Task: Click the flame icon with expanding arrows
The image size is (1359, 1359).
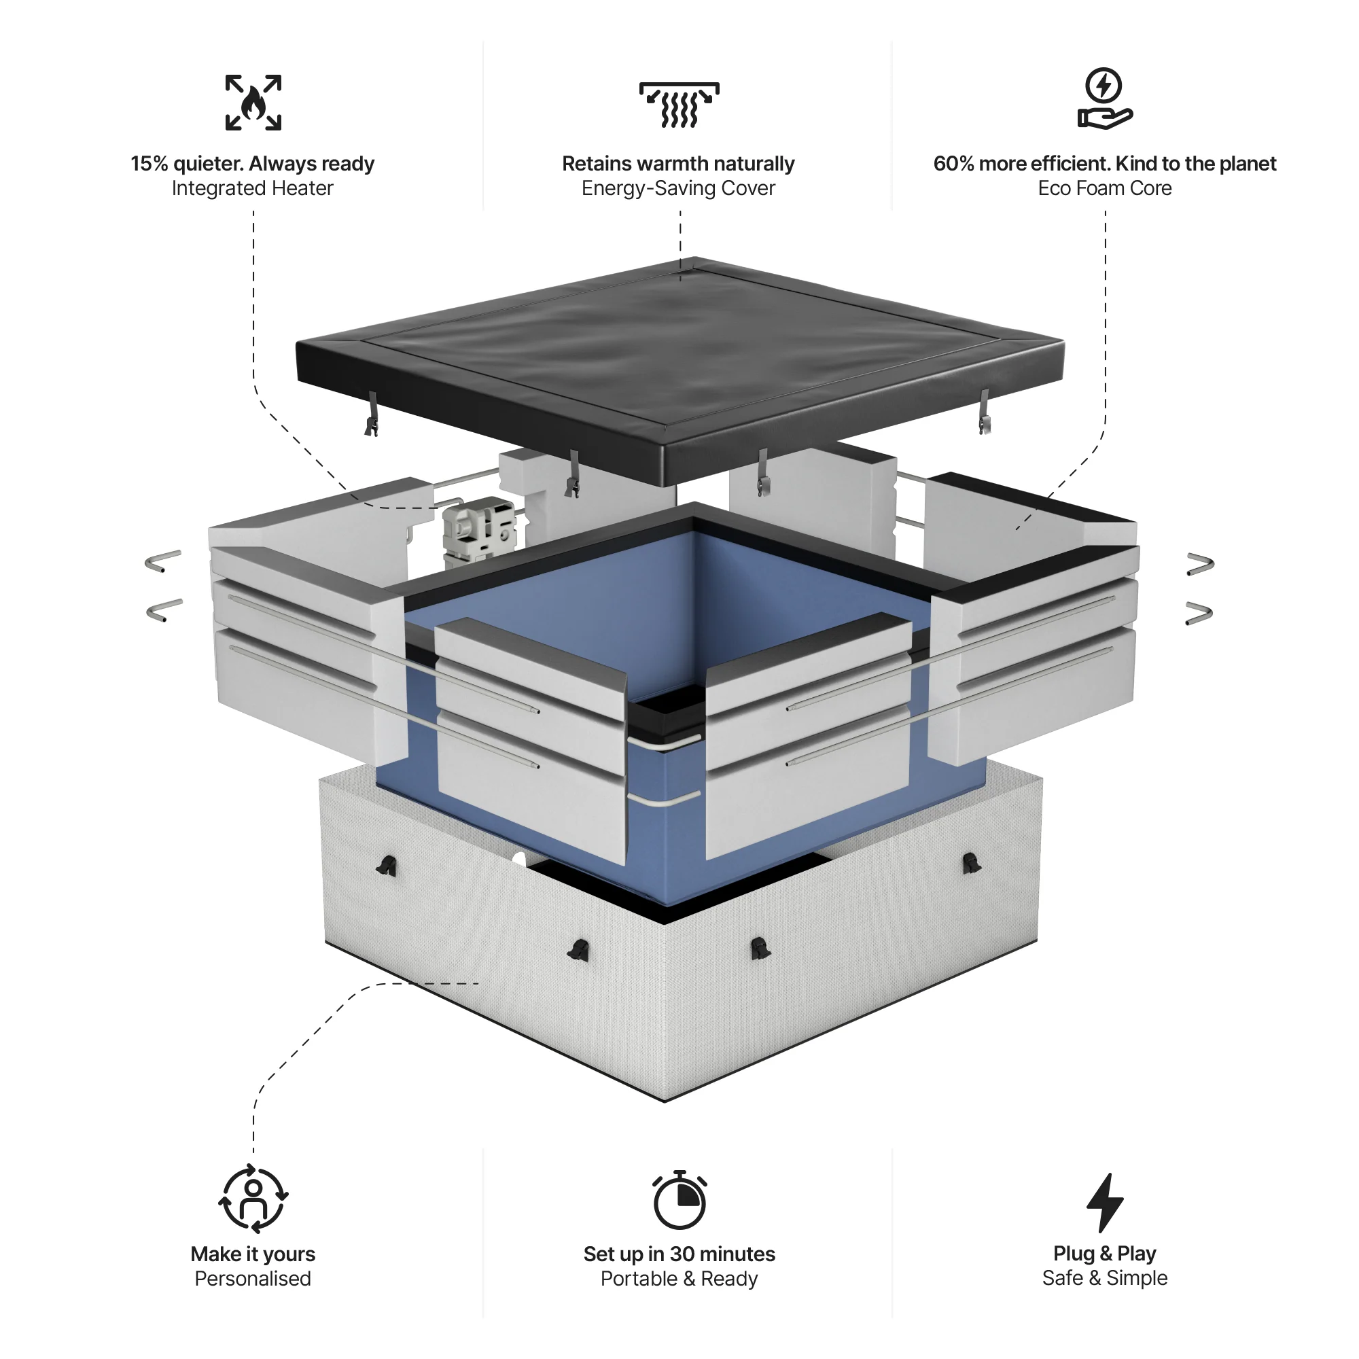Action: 253,103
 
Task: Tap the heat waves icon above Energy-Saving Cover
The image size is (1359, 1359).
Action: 679,105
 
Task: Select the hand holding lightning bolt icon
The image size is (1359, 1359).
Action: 1104,99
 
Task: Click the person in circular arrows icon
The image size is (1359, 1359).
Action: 253,1199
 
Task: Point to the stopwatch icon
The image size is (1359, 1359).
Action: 679,1201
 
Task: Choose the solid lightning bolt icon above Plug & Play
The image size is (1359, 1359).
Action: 1104,1202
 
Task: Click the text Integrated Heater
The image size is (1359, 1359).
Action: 252,188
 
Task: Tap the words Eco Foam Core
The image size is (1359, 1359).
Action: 1104,188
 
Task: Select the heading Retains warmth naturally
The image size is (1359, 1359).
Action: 678,164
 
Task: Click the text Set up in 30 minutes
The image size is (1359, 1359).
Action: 679,1254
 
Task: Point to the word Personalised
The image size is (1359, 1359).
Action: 253,1279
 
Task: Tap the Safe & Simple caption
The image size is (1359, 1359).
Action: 1104,1278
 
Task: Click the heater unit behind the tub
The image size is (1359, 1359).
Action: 478,531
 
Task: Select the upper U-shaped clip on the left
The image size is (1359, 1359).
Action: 163,561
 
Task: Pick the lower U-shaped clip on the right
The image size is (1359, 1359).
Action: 1199,614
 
